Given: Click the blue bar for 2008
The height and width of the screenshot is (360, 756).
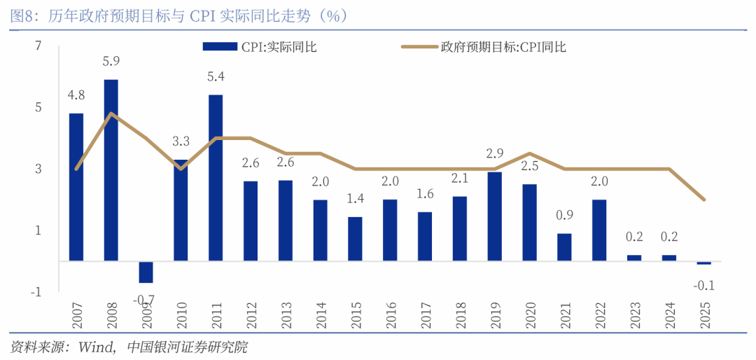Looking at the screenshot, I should tap(111, 170).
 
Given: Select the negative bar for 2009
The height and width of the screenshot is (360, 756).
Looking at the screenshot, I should tap(146, 272).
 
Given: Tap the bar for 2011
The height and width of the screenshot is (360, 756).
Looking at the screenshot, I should tap(216, 178).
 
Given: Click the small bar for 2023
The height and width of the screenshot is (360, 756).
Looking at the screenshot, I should tap(633, 258).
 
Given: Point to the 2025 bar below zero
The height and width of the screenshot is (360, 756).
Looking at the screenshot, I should tap(703, 263).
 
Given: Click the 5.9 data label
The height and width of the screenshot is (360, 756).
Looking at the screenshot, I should tap(111, 61).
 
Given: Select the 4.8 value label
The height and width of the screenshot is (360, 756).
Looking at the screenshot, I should tap(76, 95).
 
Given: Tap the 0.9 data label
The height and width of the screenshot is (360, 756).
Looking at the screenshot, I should tap(564, 216).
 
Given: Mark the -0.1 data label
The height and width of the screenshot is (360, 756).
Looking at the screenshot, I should tap(703, 286).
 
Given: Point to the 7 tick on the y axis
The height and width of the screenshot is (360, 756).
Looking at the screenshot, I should tap(38, 46).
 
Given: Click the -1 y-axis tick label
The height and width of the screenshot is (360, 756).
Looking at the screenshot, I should tap(36, 291).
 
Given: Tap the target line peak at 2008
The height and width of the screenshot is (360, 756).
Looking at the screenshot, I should tap(111, 113).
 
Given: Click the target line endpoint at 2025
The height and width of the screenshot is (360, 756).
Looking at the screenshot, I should tap(703, 200).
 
